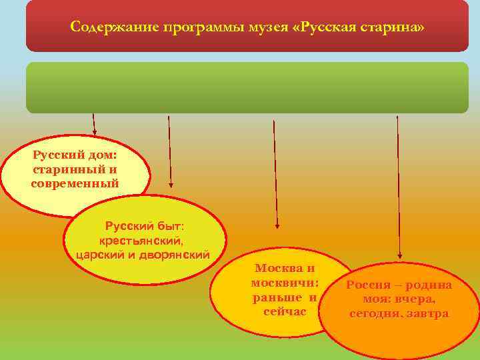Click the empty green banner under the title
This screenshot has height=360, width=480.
(247, 87)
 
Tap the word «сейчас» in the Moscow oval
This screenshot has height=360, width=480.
(283, 311)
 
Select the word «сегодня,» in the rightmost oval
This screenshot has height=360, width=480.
(376, 313)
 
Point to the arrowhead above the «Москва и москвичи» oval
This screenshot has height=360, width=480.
(277, 226)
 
